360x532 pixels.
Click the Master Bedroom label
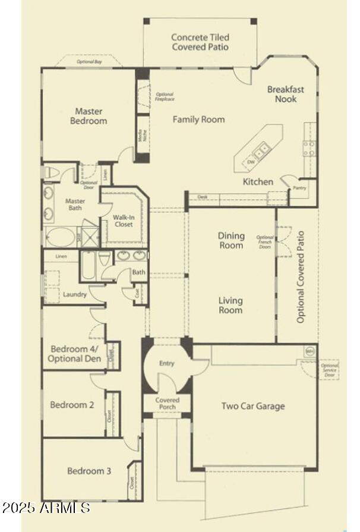[x=89, y=116]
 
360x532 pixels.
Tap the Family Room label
[x=198, y=119]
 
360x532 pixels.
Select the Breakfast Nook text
[x=285, y=94]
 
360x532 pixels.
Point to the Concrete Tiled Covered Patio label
[x=200, y=42]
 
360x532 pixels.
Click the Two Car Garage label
[x=253, y=406]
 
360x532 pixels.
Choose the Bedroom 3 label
[x=89, y=471]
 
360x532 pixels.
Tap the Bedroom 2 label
[x=72, y=405]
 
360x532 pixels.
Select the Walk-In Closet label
[x=124, y=221]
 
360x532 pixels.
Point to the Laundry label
[x=75, y=294]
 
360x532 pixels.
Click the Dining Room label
[x=230, y=241]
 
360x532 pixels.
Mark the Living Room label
[x=230, y=306]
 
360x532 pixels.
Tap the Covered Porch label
[x=168, y=404]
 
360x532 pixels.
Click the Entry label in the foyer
[x=167, y=363]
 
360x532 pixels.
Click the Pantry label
[x=299, y=188]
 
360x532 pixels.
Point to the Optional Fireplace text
[x=165, y=97]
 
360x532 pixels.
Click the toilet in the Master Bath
[x=51, y=172]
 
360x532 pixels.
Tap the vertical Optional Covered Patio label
[x=301, y=277]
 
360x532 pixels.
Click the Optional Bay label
[x=89, y=61]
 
